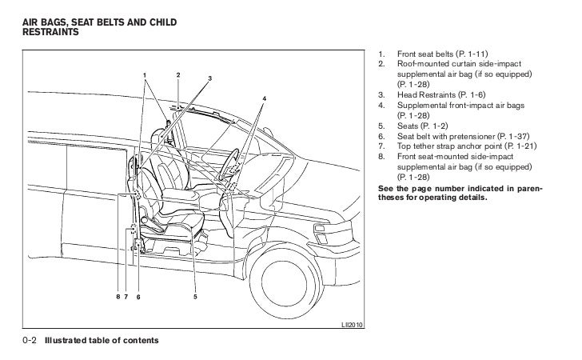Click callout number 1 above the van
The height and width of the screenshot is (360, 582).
tap(145, 75)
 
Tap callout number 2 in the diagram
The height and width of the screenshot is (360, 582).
tap(177, 75)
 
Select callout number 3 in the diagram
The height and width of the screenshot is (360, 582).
tap(209, 78)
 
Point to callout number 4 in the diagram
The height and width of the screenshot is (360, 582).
tap(264, 98)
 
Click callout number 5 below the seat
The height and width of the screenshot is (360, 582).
tap(195, 297)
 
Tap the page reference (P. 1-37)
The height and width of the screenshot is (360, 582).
tap(514, 137)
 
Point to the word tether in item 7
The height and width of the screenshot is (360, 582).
tap(425, 147)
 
